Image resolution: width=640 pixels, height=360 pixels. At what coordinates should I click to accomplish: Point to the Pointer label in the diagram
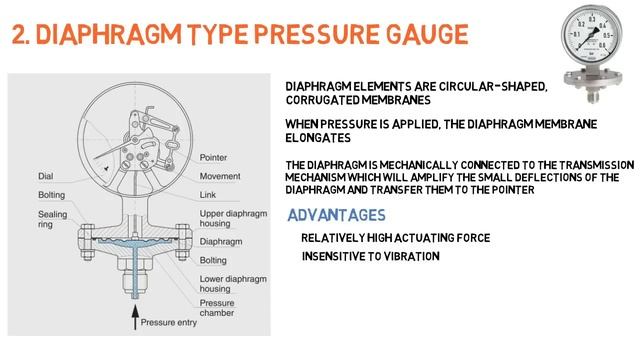coord(213,158)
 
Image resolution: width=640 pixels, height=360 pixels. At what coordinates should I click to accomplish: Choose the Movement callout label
coord(220,176)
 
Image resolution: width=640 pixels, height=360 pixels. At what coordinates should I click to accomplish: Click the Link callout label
coord(208,194)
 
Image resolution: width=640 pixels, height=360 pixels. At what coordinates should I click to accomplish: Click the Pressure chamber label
coord(218,308)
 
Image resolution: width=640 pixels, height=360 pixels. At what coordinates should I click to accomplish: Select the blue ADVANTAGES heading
coord(336,215)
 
